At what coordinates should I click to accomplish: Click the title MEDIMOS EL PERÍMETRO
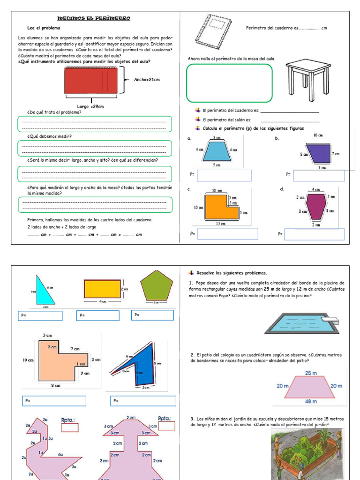(x=93, y=18)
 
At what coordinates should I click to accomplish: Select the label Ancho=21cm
(x=147, y=80)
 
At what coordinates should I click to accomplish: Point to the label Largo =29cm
(x=90, y=106)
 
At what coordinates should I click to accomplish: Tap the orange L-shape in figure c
(x=219, y=207)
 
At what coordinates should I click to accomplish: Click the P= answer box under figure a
(x=224, y=175)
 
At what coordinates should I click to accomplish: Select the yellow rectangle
(x=102, y=289)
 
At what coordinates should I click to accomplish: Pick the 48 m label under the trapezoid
(x=310, y=401)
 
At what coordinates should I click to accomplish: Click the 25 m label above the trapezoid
(x=311, y=373)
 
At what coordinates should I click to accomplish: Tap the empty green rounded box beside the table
(x=229, y=83)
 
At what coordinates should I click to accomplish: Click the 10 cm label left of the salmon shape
(x=28, y=360)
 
